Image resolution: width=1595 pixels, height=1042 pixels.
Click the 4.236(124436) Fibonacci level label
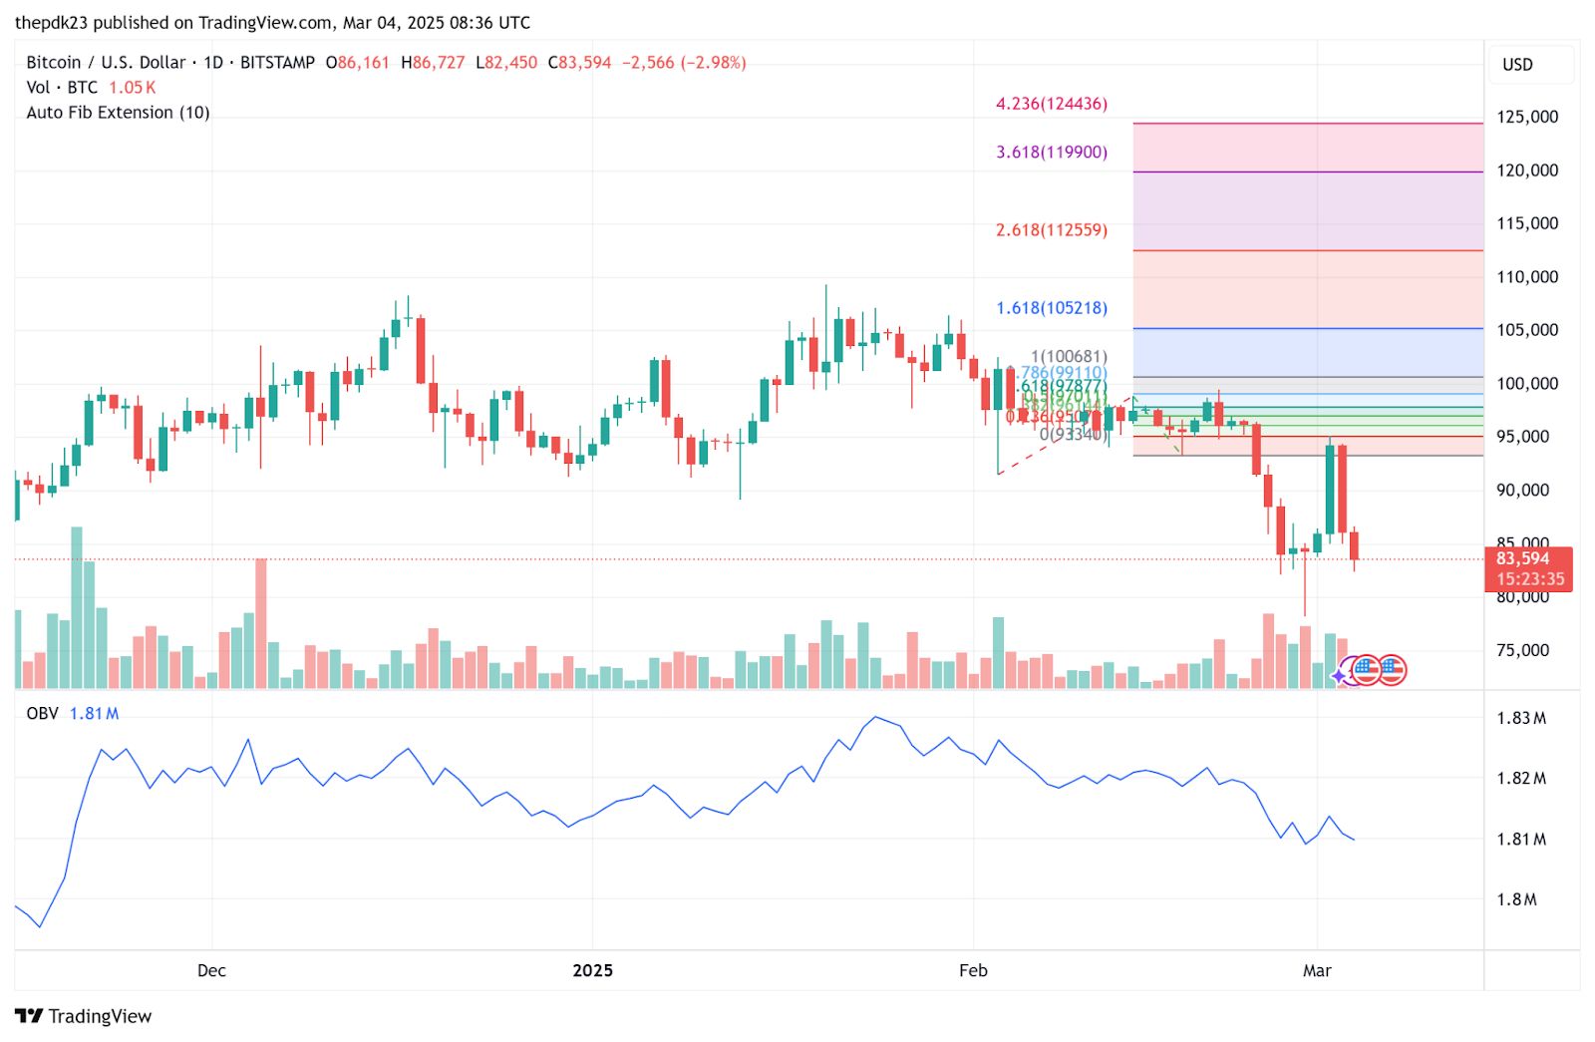coord(1052,104)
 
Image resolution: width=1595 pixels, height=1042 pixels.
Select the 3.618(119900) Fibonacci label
coord(1052,153)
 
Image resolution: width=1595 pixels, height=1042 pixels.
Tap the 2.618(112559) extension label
coord(1052,230)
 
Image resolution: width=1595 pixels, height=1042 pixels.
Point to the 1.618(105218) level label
coord(1052,308)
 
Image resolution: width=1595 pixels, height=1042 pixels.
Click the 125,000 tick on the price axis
coord(1527,117)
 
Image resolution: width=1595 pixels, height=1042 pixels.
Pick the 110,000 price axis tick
coord(1527,277)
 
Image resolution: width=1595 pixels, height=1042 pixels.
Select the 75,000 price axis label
coord(1523,650)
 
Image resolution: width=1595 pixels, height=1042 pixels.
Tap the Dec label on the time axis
coord(211,971)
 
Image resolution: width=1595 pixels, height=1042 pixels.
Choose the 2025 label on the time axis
coord(592,971)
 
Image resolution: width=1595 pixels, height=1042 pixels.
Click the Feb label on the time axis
coord(973,971)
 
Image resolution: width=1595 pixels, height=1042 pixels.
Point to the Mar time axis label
coord(1317,971)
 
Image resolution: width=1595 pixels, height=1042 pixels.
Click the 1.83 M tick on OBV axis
coord(1521,718)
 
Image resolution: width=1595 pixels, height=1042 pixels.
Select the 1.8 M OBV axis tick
coord(1517,899)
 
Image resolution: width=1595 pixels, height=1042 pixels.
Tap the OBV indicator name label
coord(42,714)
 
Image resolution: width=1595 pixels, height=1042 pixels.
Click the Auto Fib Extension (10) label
coord(118,113)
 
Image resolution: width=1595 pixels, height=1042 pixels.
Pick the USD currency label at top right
coord(1517,65)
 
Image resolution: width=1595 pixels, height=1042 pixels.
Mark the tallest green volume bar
coord(77,607)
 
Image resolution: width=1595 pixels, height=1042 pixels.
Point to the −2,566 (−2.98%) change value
coord(684,63)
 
